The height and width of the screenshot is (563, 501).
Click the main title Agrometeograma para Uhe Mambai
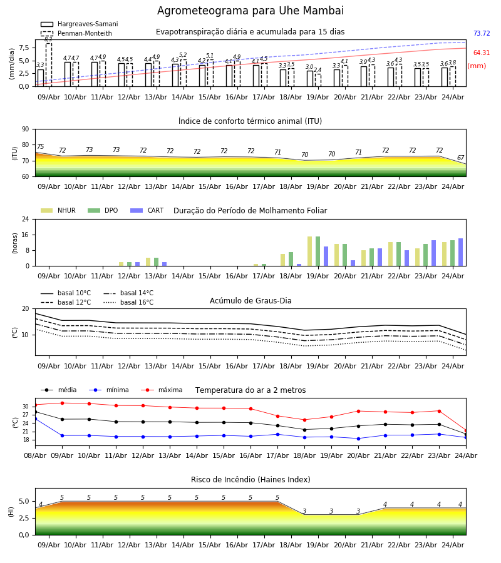point(250,11)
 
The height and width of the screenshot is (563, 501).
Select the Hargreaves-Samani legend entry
point(79,24)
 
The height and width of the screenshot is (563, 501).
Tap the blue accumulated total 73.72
point(482,33)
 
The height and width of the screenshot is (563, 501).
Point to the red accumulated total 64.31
point(482,53)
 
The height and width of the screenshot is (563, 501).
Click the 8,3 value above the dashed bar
point(48,39)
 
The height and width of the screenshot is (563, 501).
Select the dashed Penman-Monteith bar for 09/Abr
point(48,65)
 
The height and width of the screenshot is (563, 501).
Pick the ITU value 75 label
point(40,146)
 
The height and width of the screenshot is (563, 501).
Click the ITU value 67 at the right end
point(460,158)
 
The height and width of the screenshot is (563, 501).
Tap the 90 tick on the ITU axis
point(26,129)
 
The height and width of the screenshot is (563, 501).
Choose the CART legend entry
point(147,210)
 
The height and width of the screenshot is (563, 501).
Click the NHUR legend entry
point(58,210)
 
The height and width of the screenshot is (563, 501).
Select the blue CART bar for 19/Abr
point(326,256)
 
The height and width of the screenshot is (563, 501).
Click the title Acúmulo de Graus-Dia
point(250,301)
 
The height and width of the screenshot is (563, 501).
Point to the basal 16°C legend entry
point(128,302)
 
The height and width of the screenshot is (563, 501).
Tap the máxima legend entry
point(162,390)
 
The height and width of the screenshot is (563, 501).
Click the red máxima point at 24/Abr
point(466,430)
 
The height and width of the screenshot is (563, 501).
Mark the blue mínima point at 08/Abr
point(35,418)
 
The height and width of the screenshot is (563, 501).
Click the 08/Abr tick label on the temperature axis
point(35,455)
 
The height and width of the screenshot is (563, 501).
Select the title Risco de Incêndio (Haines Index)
point(250,480)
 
